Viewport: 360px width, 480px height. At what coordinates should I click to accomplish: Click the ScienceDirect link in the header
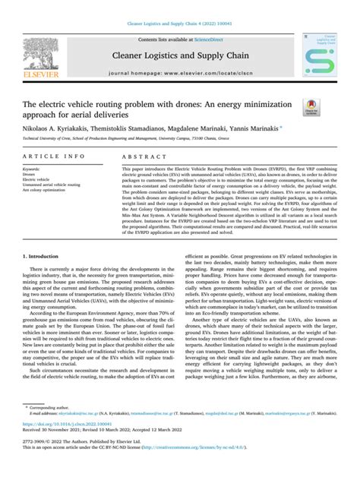click(x=210, y=39)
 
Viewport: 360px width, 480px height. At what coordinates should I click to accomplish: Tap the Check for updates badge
click(x=310, y=109)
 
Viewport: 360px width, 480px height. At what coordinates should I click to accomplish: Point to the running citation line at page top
click(x=179, y=25)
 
